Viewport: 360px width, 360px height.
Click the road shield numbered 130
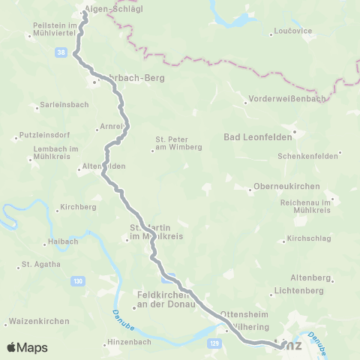pos(77,280)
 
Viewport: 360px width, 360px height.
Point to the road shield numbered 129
pos(213,342)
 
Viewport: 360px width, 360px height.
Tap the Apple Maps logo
pos(27,347)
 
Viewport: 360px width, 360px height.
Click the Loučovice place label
pos(289,34)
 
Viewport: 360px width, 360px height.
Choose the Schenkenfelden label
pos(307,156)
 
